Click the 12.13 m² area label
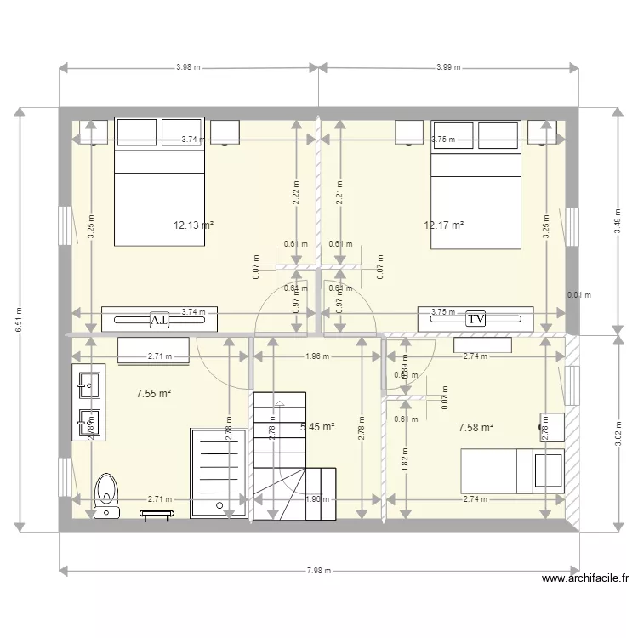[193, 225]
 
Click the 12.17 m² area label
[443, 225]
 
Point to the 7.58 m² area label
[476, 428]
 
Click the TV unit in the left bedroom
[159, 319]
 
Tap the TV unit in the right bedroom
[476, 318]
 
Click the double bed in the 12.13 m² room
[159, 183]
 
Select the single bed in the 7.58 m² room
[511, 470]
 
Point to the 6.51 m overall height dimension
[19, 320]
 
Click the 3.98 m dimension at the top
[188, 67]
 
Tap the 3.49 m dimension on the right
[617, 221]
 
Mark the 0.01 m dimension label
[578, 295]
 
